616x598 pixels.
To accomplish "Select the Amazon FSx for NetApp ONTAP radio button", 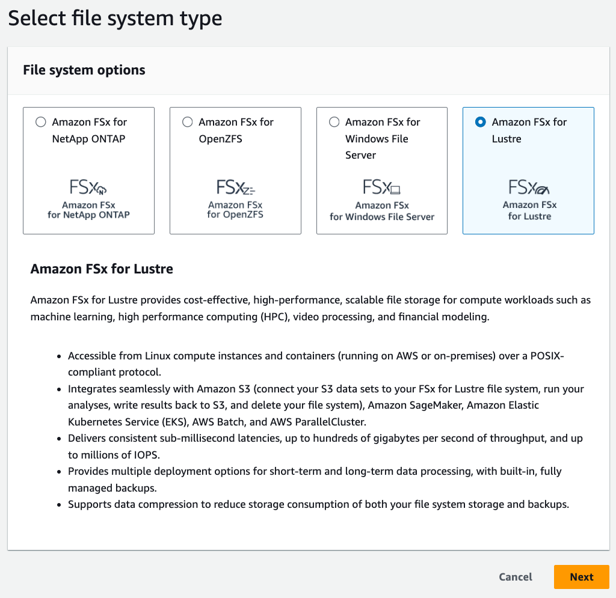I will [40, 122].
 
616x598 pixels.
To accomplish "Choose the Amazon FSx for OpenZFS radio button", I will [187, 122].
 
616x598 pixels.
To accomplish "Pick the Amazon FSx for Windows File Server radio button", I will [334, 122].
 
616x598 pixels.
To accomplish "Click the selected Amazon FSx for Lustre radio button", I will [480, 122].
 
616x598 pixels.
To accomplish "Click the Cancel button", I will [516, 577].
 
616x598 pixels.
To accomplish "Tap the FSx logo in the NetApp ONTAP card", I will [88, 188].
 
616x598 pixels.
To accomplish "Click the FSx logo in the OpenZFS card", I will [235, 188].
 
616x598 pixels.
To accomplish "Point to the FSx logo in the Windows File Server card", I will [382, 188].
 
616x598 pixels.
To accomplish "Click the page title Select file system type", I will [115, 19].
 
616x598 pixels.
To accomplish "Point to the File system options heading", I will [84, 70].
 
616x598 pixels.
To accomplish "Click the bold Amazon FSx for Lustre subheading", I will [102, 269].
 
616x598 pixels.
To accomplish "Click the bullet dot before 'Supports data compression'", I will [58, 505].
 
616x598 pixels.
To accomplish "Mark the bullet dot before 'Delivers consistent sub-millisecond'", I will [58, 439].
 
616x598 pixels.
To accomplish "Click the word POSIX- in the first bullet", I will [547, 356].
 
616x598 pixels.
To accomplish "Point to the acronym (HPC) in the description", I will [269, 317].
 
